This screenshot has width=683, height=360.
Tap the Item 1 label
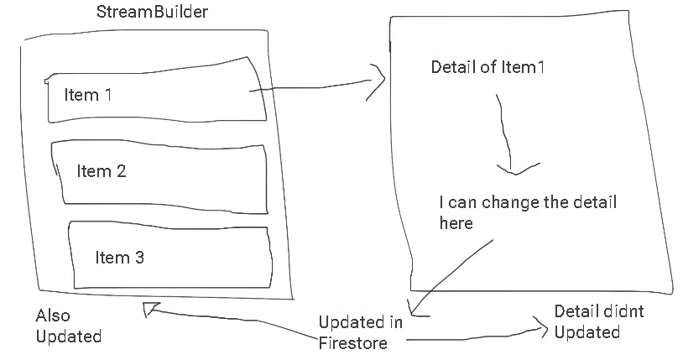88,95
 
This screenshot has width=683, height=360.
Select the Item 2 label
102,171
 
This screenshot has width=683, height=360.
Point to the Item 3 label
119,258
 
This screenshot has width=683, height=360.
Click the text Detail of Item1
487,67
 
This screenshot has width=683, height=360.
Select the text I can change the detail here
528,212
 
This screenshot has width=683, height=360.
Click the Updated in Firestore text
361,332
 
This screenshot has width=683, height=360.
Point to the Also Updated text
68,326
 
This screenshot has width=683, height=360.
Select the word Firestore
352,342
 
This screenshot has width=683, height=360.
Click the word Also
53,316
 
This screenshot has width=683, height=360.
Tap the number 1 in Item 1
107,95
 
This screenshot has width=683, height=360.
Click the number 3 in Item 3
139,258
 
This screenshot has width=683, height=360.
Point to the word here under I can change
456,222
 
